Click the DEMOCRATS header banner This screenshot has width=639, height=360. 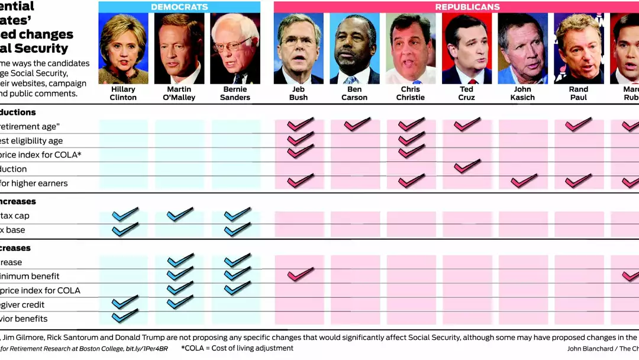click(x=179, y=7)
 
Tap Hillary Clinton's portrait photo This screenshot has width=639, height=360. click(x=123, y=49)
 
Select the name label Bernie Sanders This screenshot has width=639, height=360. click(x=235, y=94)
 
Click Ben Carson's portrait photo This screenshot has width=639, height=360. click(x=354, y=49)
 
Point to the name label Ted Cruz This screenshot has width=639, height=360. click(x=466, y=94)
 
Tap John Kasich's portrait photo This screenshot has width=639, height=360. click(x=522, y=49)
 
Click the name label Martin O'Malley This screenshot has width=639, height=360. click(x=179, y=94)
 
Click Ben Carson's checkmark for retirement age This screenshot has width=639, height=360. click(x=356, y=124)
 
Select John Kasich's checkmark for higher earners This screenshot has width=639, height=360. click(x=523, y=181)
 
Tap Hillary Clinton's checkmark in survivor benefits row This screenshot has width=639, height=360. click(x=124, y=317)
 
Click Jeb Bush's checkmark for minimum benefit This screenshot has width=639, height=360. click(x=300, y=274)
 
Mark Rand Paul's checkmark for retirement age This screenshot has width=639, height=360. click(x=578, y=124)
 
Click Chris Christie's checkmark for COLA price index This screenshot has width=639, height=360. click(x=411, y=152)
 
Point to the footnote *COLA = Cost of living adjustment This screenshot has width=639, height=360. click(x=237, y=348)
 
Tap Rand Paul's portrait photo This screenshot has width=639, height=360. click(x=578, y=49)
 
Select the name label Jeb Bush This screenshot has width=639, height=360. click(x=298, y=94)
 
